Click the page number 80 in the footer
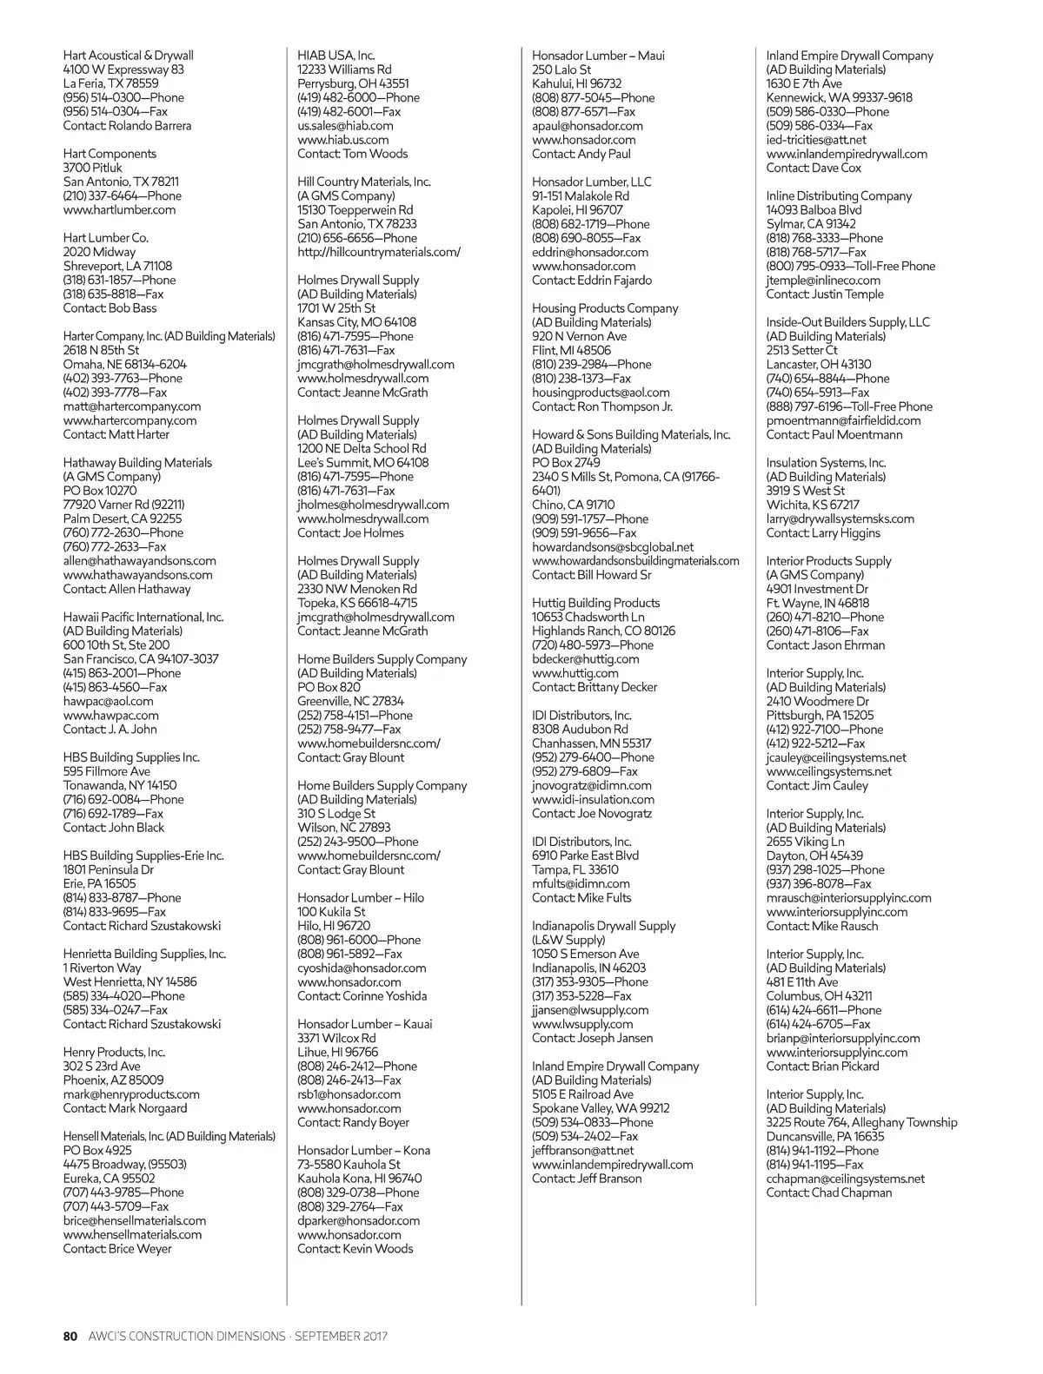pyautogui.click(x=70, y=1336)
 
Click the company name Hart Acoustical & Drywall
pyautogui.click(x=128, y=56)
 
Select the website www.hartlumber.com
pyautogui.click(x=119, y=210)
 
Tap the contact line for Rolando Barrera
pyautogui.click(x=127, y=126)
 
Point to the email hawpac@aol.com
pyautogui.click(x=108, y=702)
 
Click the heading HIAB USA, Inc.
pyautogui.click(x=336, y=56)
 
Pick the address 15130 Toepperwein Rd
pyautogui.click(x=355, y=210)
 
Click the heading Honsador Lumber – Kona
pyautogui.click(x=363, y=1151)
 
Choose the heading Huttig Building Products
pyautogui.click(x=595, y=604)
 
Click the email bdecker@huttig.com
pyautogui.click(x=585, y=659)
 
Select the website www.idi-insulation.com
pyautogui.click(x=593, y=800)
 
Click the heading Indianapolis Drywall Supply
pyautogui.click(x=603, y=926)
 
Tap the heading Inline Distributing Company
pyautogui.click(x=839, y=196)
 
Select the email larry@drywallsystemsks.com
pyautogui.click(x=840, y=519)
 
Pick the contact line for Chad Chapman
pyautogui.click(x=828, y=1193)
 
